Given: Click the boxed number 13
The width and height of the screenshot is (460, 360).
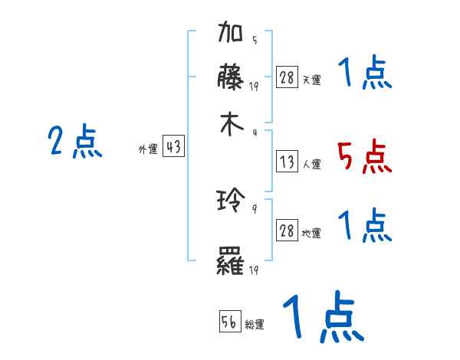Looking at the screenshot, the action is (287, 162).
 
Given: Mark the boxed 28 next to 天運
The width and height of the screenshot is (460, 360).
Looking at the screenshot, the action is (287, 78).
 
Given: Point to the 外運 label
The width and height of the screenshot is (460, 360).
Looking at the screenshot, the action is (147, 150).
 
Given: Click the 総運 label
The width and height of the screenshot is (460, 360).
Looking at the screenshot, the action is (255, 325).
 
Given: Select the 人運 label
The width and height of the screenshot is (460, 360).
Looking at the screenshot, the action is (311, 164).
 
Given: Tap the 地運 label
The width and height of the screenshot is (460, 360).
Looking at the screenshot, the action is (311, 234).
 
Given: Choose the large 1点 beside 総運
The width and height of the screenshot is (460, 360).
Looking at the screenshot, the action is (322, 317).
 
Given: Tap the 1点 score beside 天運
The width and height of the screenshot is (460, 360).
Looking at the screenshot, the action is (365, 74).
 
